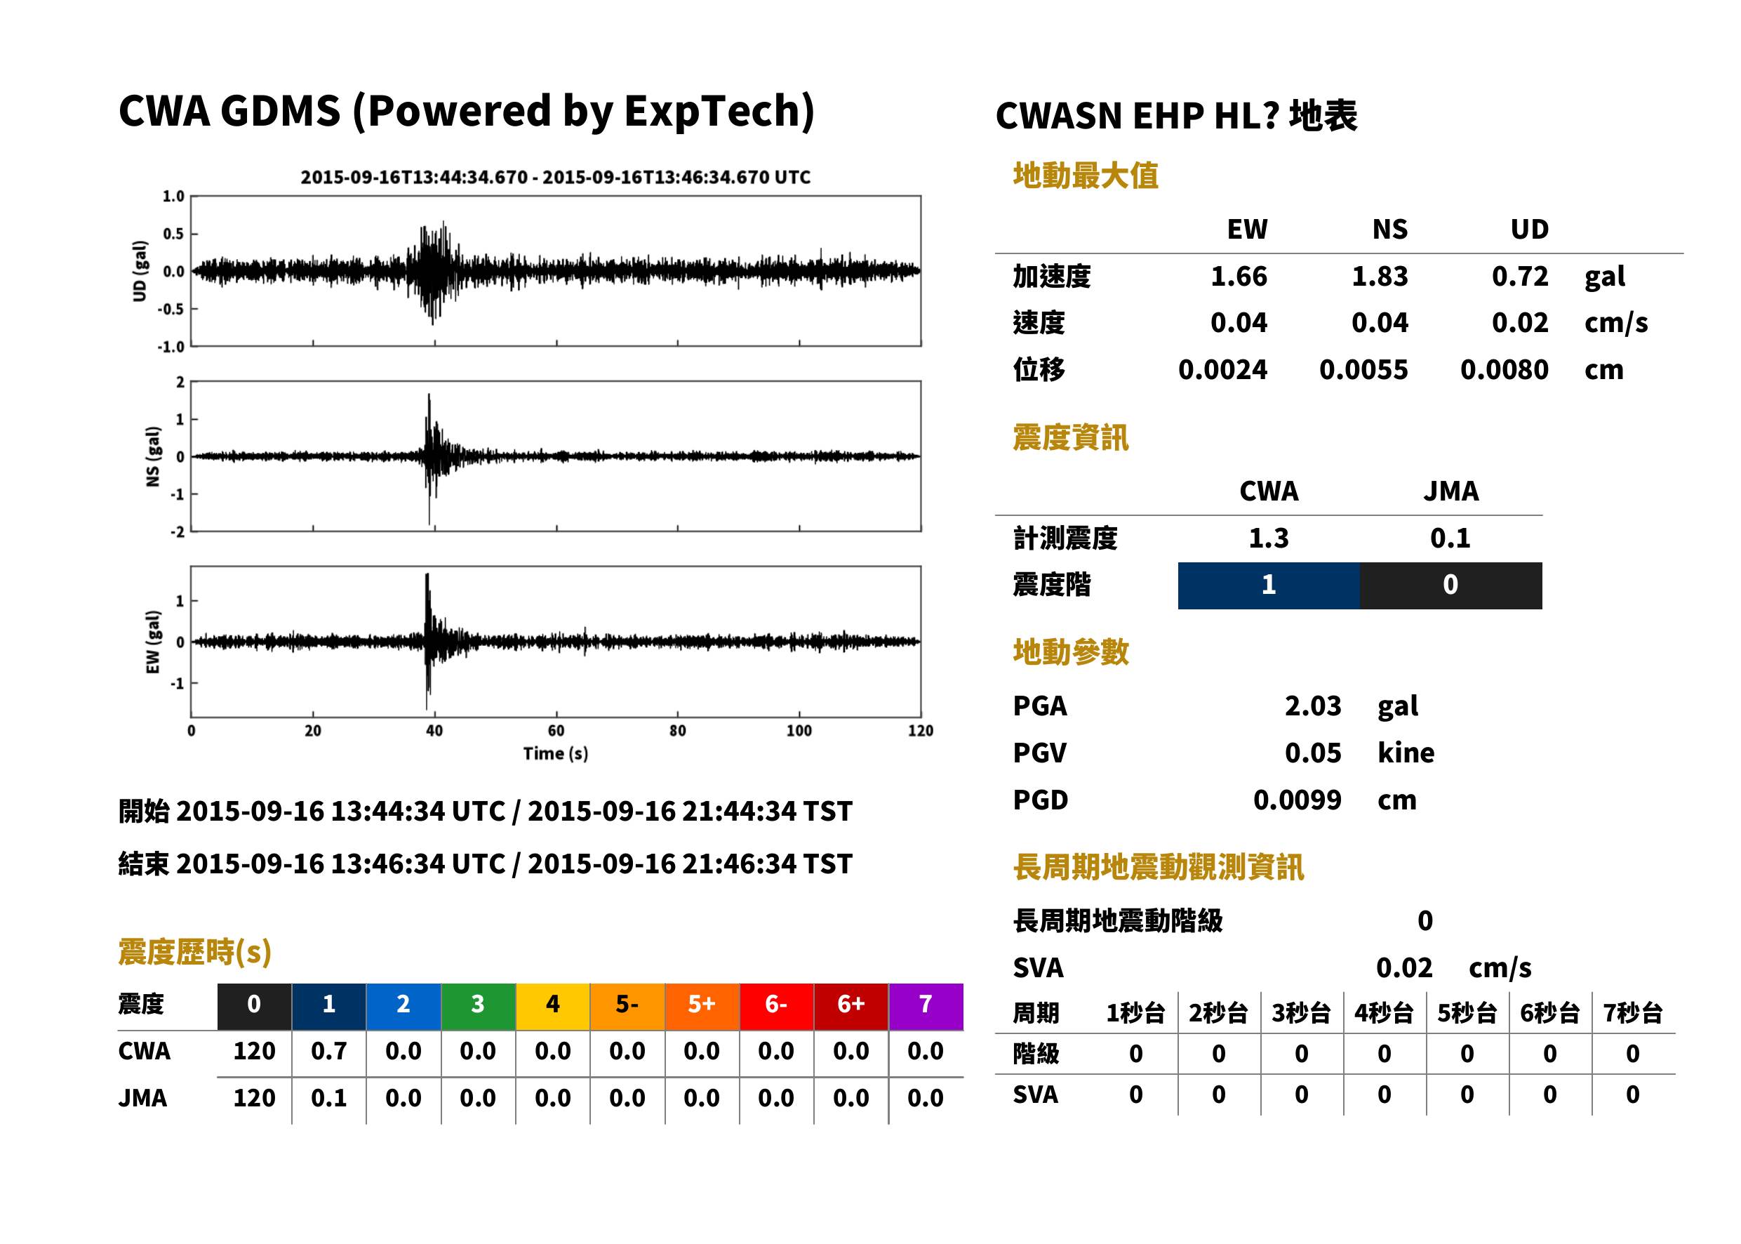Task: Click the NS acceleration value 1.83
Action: pyautogui.click(x=1379, y=276)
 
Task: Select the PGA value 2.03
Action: pyautogui.click(x=1312, y=706)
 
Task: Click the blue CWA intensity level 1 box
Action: pyautogui.click(x=1269, y=585)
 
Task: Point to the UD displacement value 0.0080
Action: pyautogui.click(x=1504, y=369)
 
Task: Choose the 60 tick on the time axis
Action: pyautogui.click(x=556, y=731)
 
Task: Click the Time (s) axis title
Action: pyautogui.click(x=556, y=754)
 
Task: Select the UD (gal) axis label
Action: pyautogui.click(x=140, y=271)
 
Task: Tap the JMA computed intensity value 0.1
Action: pyautogui.click(x=1450, y=538)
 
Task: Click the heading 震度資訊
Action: pyautogui.click(x=1070, y=437)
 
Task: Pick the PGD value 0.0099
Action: pyautogui.click(x=1297, y=800)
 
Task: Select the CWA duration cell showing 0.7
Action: pyautogui.click(x=328, y=1051)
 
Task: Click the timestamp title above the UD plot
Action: pyautogui.click(x=555, y=177)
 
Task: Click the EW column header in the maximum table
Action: pyautogui.click(x=1247, y=229)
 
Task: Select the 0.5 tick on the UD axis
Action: pyautogui.click(x=174, y=234)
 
